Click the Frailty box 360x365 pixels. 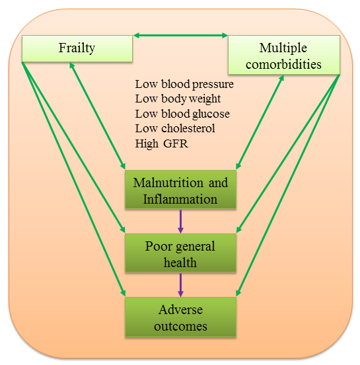(77, 48)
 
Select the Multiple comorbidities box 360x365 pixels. (284, 55)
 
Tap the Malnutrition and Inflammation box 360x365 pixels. (180, 189)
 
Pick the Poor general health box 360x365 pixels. (180, 253)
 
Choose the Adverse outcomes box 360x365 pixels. (180, 317)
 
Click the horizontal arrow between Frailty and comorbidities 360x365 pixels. (180, 36)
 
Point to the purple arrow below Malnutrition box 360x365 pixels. (180, 222)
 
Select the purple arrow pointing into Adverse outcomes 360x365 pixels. (180, 285)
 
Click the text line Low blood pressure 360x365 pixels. (184, 84)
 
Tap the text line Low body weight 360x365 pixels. (178, 99)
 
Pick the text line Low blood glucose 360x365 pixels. (182, 114)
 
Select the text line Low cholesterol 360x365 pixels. (175, 128)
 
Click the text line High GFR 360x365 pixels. (162, 143)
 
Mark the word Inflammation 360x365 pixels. (180, 199)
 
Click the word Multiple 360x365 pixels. (283, 48)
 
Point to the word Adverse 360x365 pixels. (181, 309)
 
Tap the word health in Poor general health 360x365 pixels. (180, 263)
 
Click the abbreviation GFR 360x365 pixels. (176, 143)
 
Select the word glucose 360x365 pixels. (211, 114)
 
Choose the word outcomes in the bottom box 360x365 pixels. (180, 326)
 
